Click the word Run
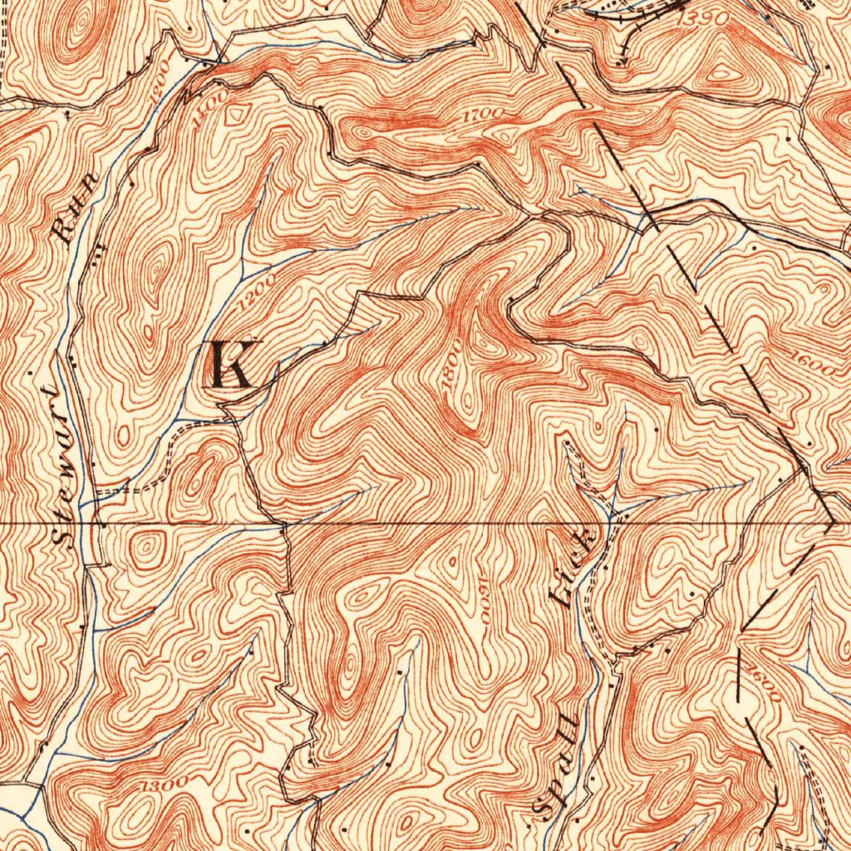pos(75,208)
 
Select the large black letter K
pos(230,365)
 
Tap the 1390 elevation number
pos(704,18)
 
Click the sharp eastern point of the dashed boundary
pos(832,524)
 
